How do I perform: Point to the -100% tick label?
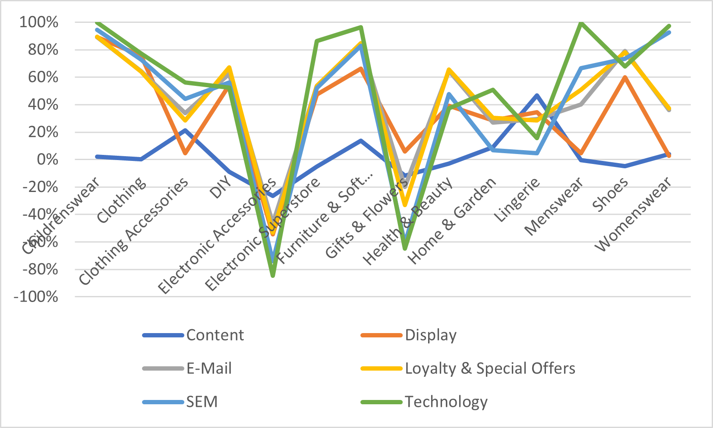(x=36, y=297)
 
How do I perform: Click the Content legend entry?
(x=215, y=335)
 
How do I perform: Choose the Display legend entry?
(x=430, y=335)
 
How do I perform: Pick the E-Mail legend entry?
(x=209, y=368)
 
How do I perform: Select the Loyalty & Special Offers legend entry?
(x=490, y=368)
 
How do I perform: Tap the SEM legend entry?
(x=202, y=402)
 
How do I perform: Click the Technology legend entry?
(x=446, y=402)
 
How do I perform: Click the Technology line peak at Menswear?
(x=581, y=23)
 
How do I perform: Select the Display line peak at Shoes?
(x=625, y=77)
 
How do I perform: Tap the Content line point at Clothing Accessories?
(x=185, y=130)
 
